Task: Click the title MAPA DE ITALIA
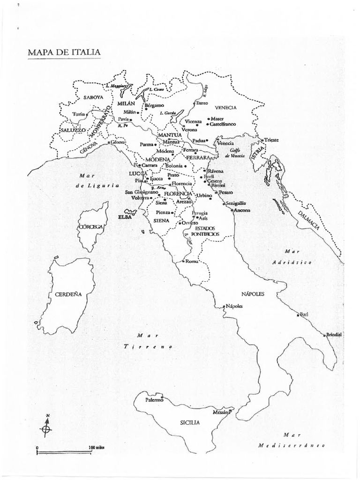click(x=64, y=51)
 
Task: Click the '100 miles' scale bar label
click(x=97, y=448)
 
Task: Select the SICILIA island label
click(x=190, y=422)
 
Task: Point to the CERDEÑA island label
click(x=68, y=294)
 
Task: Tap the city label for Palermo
click(x=154, y=400)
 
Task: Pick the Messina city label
click(x=221, y=412)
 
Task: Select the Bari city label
click(x=306, y=314)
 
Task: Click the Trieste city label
click(x=271, y=140)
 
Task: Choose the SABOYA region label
click(x=93, y=97)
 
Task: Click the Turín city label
click(x=78, y=114)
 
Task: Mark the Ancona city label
click(x=242, y=210)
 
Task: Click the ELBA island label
click(x=126, y=217)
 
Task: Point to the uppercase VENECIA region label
click(x=226, y=107)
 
